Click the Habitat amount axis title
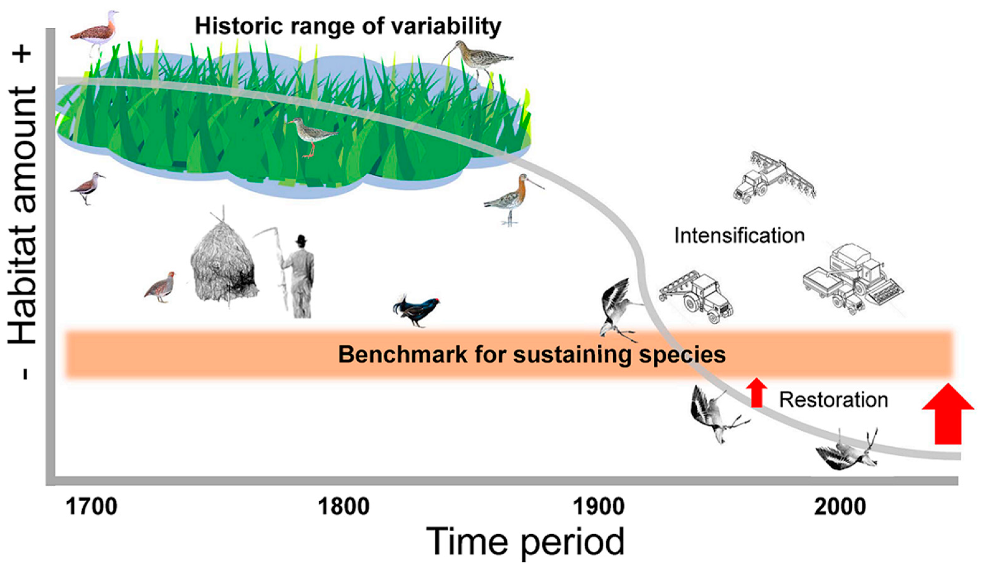(23, 215)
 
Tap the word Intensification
(739, 236)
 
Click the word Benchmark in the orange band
(403, 354)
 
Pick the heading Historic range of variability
(348, 26)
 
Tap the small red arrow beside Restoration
(757, 392)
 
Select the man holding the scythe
(299, 278)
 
